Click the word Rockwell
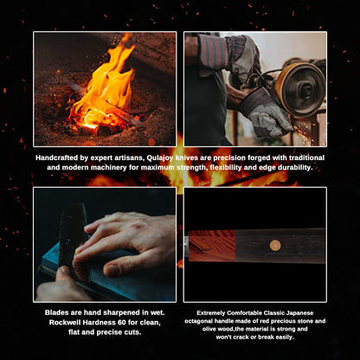(x=63, y=322)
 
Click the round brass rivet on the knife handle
(x=275, y=246)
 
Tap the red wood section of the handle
(x=212, y=246)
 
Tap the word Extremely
(x=211, y=313)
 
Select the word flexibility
(x=226, y=168)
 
